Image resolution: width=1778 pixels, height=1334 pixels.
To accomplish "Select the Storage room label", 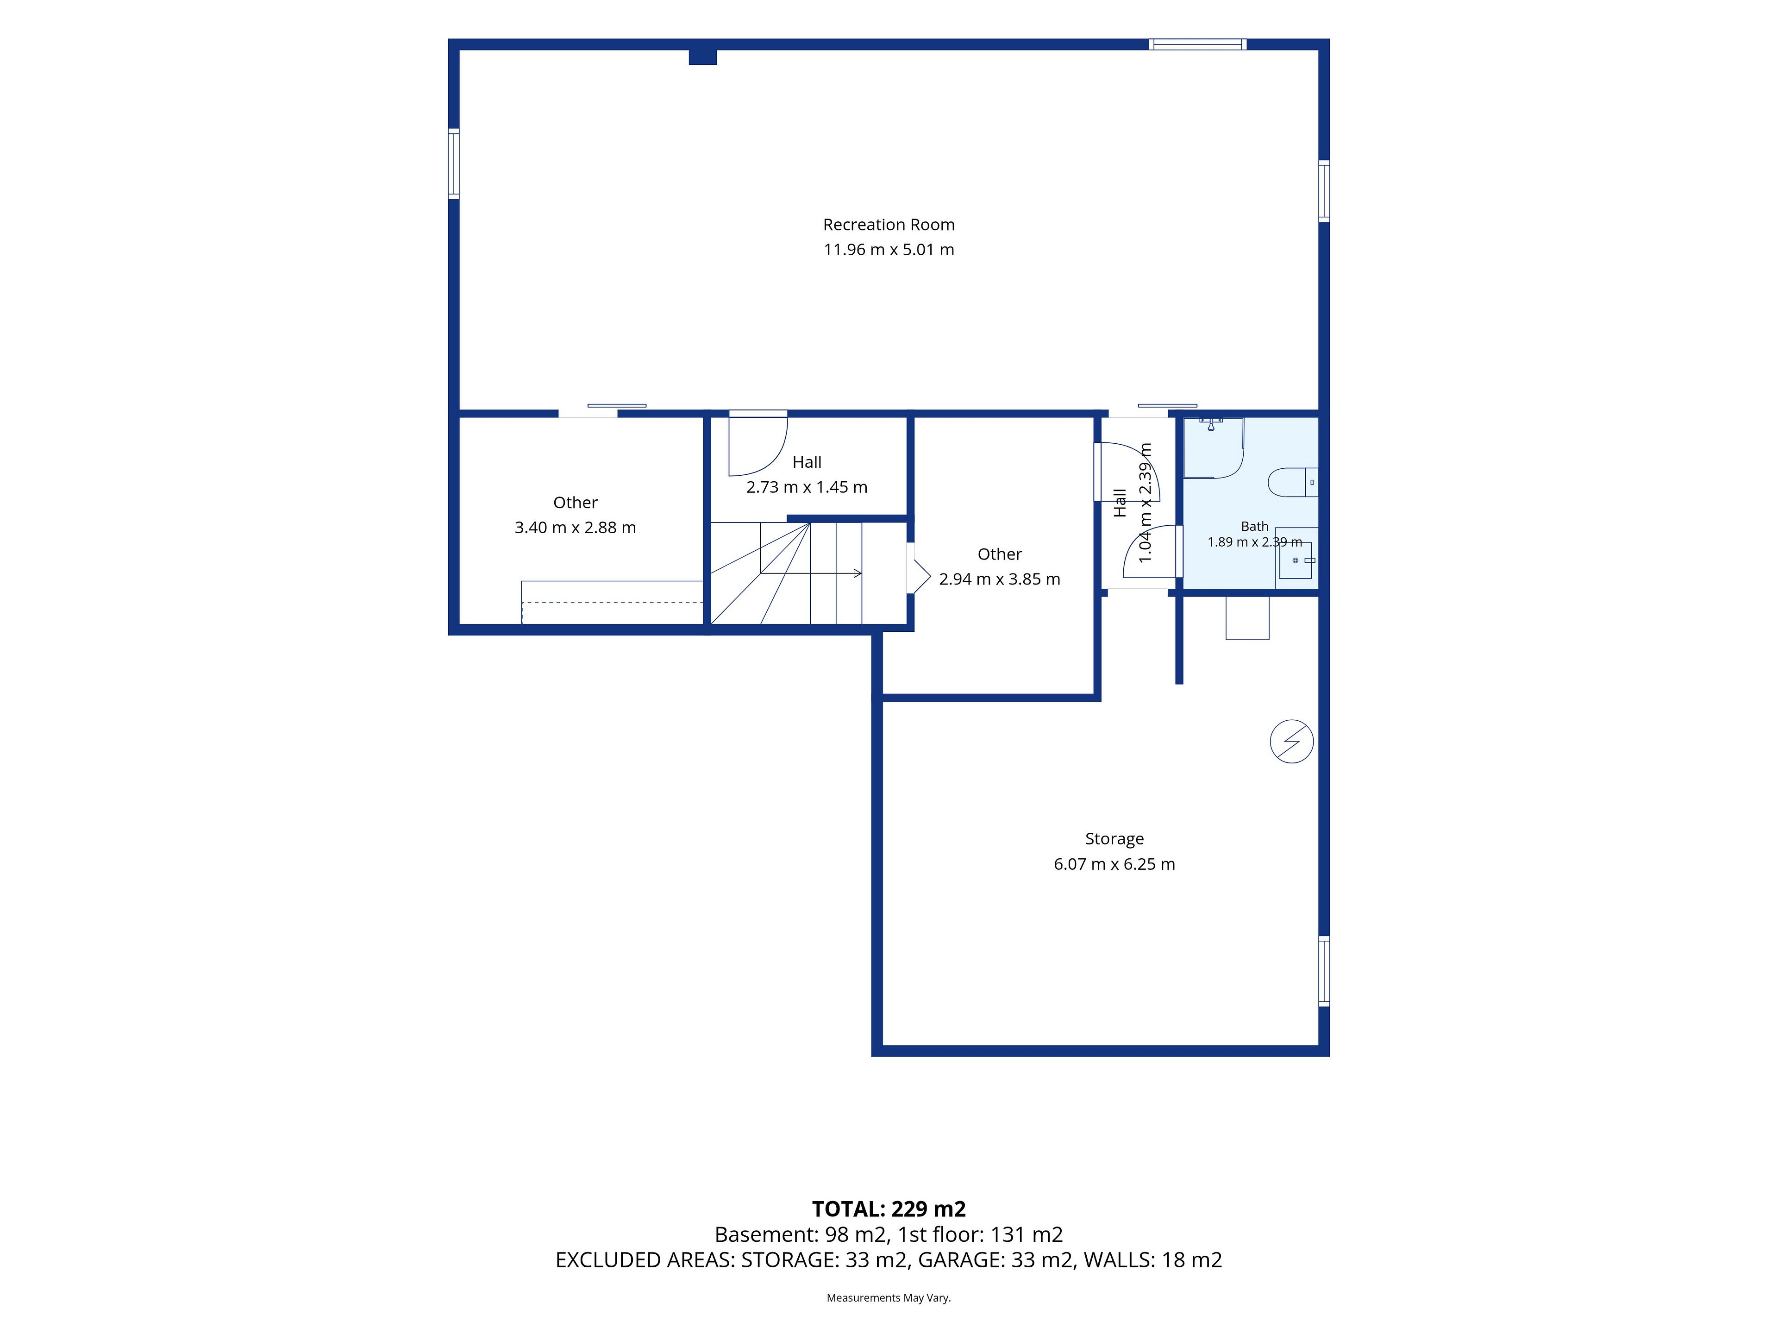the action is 1114,839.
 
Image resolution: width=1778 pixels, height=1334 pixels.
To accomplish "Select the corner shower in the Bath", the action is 1213,448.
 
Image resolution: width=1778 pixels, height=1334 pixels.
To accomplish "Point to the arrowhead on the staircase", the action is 858,573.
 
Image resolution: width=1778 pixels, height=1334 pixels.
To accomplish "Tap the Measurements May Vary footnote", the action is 889,1298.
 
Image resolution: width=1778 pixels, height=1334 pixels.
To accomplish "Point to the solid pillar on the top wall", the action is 702,57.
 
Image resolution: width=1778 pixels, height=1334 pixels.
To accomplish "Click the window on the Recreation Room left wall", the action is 453,163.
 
